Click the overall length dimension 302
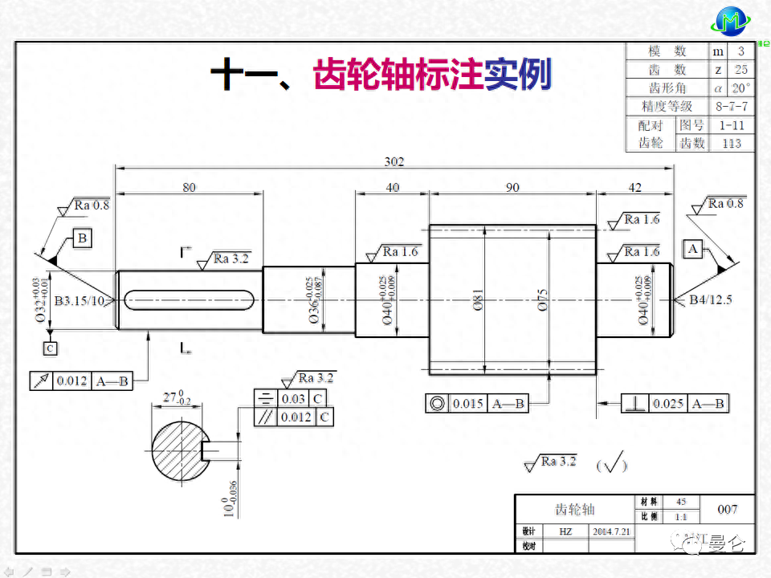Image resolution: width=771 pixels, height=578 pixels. tap(394, 161)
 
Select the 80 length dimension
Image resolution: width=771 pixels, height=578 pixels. tap(189, 187)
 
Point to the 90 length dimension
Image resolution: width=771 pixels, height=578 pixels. tap(512, 187)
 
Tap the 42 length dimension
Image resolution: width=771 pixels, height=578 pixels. tap(634, 187)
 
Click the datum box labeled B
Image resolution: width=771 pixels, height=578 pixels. tap(82, 237)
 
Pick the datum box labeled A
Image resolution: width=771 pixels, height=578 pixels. tap(693, 249)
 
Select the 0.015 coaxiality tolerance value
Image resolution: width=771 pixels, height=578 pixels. tap(467, 404)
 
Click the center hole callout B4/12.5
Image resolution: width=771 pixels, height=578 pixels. tap(710, 300)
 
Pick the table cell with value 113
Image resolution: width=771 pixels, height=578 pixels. tap(731, 143)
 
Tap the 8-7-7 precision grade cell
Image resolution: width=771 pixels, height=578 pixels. tap(731, 106)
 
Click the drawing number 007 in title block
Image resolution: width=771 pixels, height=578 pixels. tap(727, 509)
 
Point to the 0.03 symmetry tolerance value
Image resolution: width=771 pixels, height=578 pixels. tap(293, 399)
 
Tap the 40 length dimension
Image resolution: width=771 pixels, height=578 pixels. tap(392, 187)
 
